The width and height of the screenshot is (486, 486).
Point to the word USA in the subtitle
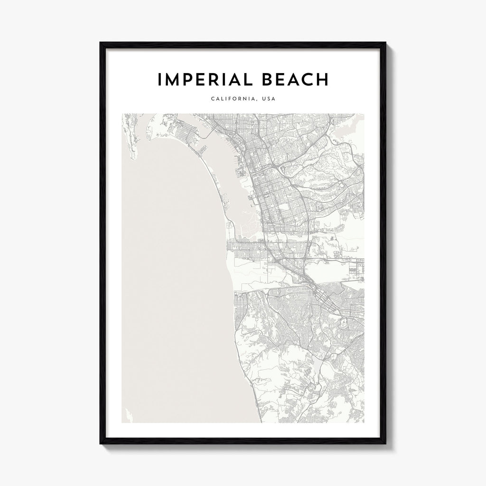pos(269,99)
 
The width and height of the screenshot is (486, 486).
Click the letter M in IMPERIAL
pos(173,80)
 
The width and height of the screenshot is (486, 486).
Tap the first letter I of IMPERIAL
pos(159,80)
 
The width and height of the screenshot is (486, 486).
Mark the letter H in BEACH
pos(322,80)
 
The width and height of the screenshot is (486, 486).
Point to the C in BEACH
pos(307,80)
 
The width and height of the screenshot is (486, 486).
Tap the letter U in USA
pos(263,99)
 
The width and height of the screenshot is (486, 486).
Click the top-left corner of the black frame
pos(100,43)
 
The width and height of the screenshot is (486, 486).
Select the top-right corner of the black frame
pos(387,43)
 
